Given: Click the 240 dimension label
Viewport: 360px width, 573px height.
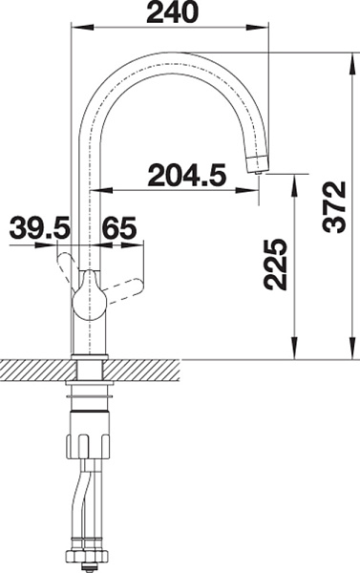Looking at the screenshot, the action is pos(172,13).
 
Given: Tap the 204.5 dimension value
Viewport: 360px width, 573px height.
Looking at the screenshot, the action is pos(187,175).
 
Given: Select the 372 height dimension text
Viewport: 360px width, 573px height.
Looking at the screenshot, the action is pos(334,207).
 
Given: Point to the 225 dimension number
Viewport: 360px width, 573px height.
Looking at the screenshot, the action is pos(274,264).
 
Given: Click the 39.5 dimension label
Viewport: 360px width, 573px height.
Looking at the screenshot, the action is pos(39,227).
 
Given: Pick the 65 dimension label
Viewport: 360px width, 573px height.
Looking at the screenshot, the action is pos(120,227).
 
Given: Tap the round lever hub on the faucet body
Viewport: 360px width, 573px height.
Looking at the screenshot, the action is pos(89,301).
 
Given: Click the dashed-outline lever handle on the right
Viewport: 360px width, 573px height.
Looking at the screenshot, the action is pos(123,290).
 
